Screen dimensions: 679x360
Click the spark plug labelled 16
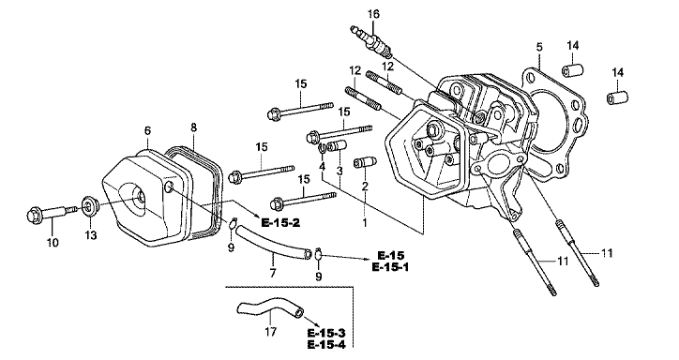click(x=371, y=42)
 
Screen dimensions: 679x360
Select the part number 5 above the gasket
click(x=539, y=47)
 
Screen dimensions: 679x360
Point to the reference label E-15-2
click(x=280, y=222)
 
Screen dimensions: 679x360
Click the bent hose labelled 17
click(x=269, y=307)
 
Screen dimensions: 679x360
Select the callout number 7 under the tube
click(x=272, y=274)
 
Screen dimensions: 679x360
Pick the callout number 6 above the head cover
click(x=147, y=130)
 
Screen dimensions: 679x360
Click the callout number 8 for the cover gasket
click(x=193, y=127)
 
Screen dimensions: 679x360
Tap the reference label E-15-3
click(x=326, y=333)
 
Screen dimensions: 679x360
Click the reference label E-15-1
click(x=390, y=267)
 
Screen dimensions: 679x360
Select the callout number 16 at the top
click(x=373, y=14)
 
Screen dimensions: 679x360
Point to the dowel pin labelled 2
click(x=365, y=163)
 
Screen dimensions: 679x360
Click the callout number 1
click(x=365, y=222)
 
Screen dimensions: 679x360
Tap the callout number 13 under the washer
click(x=91, y=235)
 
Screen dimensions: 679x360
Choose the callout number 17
click(x=271, y=332)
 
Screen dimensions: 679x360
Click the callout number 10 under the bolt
click(x=53, y=243)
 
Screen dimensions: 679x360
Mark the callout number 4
click(x=323, y=167)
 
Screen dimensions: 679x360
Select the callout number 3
click(x=339, y=171)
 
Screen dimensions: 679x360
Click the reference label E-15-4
click(x=326, y=345)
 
